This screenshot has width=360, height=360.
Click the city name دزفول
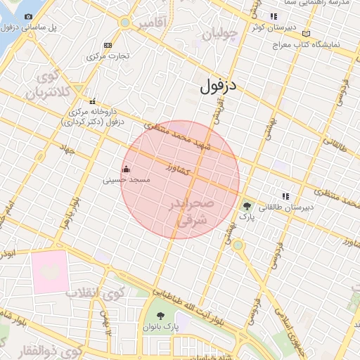tap(221, 86)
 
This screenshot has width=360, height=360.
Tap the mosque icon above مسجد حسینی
tap(127, 169)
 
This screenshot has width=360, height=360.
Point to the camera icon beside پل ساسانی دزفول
tap(28, 16)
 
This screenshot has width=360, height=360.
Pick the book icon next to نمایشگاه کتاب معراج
tap(305, 33)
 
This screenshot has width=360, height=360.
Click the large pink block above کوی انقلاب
tap(50, 271)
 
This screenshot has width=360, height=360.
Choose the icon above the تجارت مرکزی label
tap(107, 44)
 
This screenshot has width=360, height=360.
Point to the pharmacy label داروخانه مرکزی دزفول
tap(92, 117)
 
